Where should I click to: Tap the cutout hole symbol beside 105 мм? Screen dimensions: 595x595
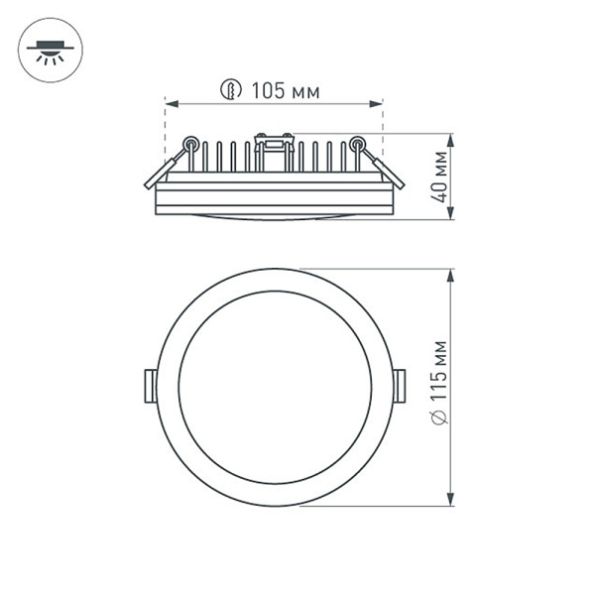pos(230,91)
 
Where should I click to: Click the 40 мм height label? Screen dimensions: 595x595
pos(438,178)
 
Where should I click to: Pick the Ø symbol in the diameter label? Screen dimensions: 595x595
pos(438,417)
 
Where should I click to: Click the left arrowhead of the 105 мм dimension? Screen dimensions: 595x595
pos(170,103)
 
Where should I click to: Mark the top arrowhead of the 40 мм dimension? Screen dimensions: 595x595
pos(452,139)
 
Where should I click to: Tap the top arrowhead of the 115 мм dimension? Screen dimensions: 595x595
pos(452,274)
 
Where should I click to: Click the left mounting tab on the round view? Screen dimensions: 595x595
pos(150,386)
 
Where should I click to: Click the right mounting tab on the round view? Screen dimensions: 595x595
pos(399,386)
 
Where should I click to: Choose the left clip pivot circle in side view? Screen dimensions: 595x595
pos(190,142)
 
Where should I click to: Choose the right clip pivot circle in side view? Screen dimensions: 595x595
pos(357,142)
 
